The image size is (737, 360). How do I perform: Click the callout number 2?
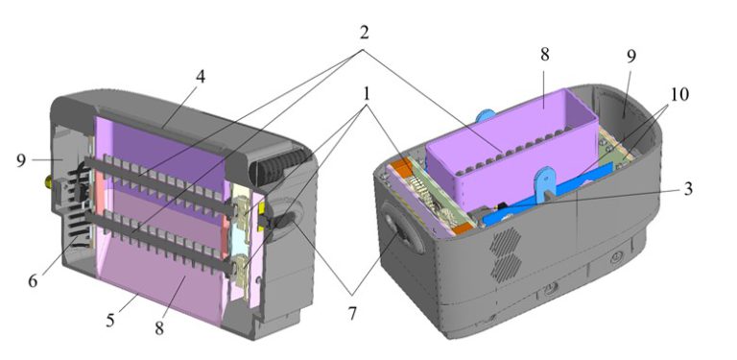point(364,33)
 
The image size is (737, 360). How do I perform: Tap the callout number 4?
point(201,76)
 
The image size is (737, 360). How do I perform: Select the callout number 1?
point(367,94)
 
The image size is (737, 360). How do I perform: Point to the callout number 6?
point(33,280)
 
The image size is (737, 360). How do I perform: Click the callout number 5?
point(110,320)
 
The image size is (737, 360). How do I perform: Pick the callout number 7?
point(352,313)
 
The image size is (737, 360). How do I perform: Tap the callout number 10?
point(679,94)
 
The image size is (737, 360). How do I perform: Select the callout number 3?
point(688,188)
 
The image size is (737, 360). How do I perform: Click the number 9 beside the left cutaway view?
point(21,160)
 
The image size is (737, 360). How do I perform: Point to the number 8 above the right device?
point(544,54)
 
